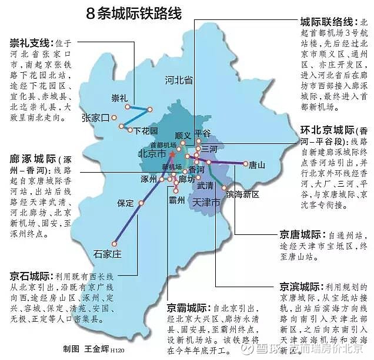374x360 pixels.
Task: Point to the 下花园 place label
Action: [x=146, y=130]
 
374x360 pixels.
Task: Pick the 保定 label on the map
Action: [x=126, y=203]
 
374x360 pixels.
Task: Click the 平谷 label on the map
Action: [x=203, y=133]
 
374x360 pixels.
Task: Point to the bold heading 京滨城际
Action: [x=300, y=287]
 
